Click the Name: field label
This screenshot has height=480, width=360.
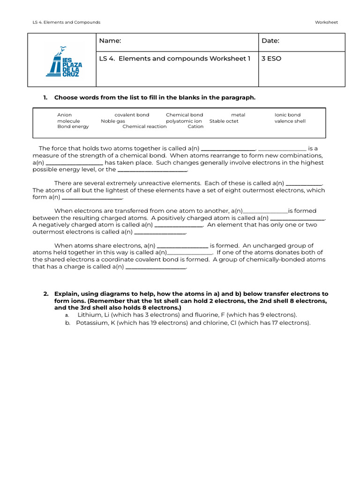click(x=110, y=41)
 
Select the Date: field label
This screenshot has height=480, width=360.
click(x=270, y=41)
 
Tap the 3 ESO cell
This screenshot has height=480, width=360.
click(x=271, y=59)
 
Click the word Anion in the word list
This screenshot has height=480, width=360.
click(x=65, y=115)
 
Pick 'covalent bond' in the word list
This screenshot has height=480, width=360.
click(x=132, y=115)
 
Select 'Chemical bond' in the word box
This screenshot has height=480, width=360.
click(x=184, y=115)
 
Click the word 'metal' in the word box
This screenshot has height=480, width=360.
click(x=238, y=115)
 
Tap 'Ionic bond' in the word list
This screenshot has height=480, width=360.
click(x=287, y=115)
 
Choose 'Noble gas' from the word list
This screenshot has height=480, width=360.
click(x=113, y=121)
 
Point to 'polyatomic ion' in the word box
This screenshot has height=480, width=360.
click(x=184, y=121)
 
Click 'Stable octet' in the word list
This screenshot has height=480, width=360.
click(x=224, y=121)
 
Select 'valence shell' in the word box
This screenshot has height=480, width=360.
click(x=290, y=121)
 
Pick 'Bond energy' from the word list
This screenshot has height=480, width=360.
click(x=73, y=127)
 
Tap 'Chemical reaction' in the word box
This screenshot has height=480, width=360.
click(x=144, y=127)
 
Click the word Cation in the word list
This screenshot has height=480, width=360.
click(x=195, y=127)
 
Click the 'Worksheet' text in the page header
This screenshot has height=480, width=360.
click(x=326, y=22)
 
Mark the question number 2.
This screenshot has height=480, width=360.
click(x=46, y=294)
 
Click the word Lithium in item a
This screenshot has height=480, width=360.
click(x=89, y=315)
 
